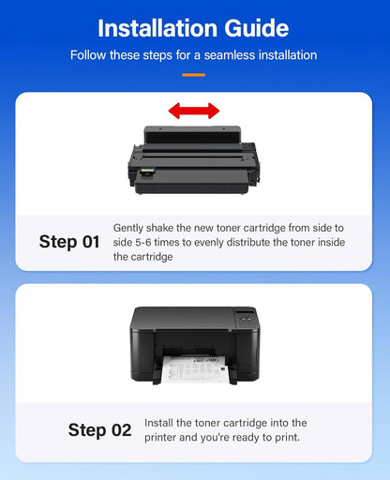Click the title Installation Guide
tap(194, 27)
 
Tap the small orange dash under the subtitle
tap(194, 73)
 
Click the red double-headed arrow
tap(194, 111)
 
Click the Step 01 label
tap(69, 242)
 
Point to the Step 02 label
tap(99, 430)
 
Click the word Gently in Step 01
tap(129, 228)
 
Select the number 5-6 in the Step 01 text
tap(146, 242)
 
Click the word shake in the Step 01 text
tap(164, 228)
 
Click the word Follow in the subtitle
tap(90, 55)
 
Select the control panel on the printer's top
tap(245, 315)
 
